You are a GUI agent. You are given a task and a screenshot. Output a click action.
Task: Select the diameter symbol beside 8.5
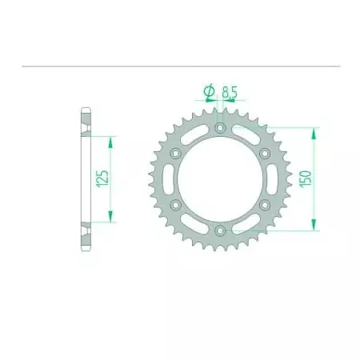[209, 94]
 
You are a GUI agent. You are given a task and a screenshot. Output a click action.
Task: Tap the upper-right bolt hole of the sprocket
[265, 153]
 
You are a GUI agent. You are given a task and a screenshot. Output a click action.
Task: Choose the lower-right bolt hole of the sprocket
[265, 205]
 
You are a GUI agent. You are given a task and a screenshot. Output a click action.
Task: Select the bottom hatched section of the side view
[85, 235]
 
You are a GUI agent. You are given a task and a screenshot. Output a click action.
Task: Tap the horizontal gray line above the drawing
[180, 66]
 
